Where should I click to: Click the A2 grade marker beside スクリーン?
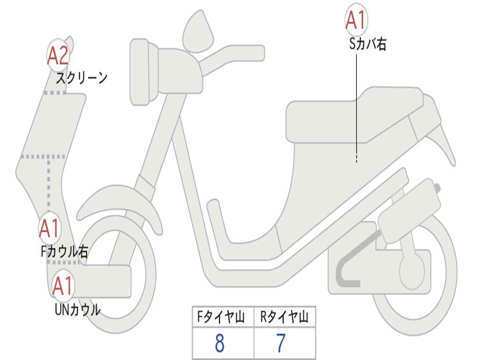click(59, 55)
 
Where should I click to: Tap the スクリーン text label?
click(82, 78)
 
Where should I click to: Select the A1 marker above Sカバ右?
click(356, 19)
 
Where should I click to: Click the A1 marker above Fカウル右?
click(49, 228)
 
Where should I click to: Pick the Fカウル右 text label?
click(64, 252)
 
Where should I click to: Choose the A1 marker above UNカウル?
click(63, 286)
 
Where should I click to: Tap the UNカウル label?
click(77, 310)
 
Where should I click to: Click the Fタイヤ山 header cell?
click(222, 318)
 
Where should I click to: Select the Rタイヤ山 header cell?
click(284, 318)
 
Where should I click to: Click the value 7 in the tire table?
click(281, 344)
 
